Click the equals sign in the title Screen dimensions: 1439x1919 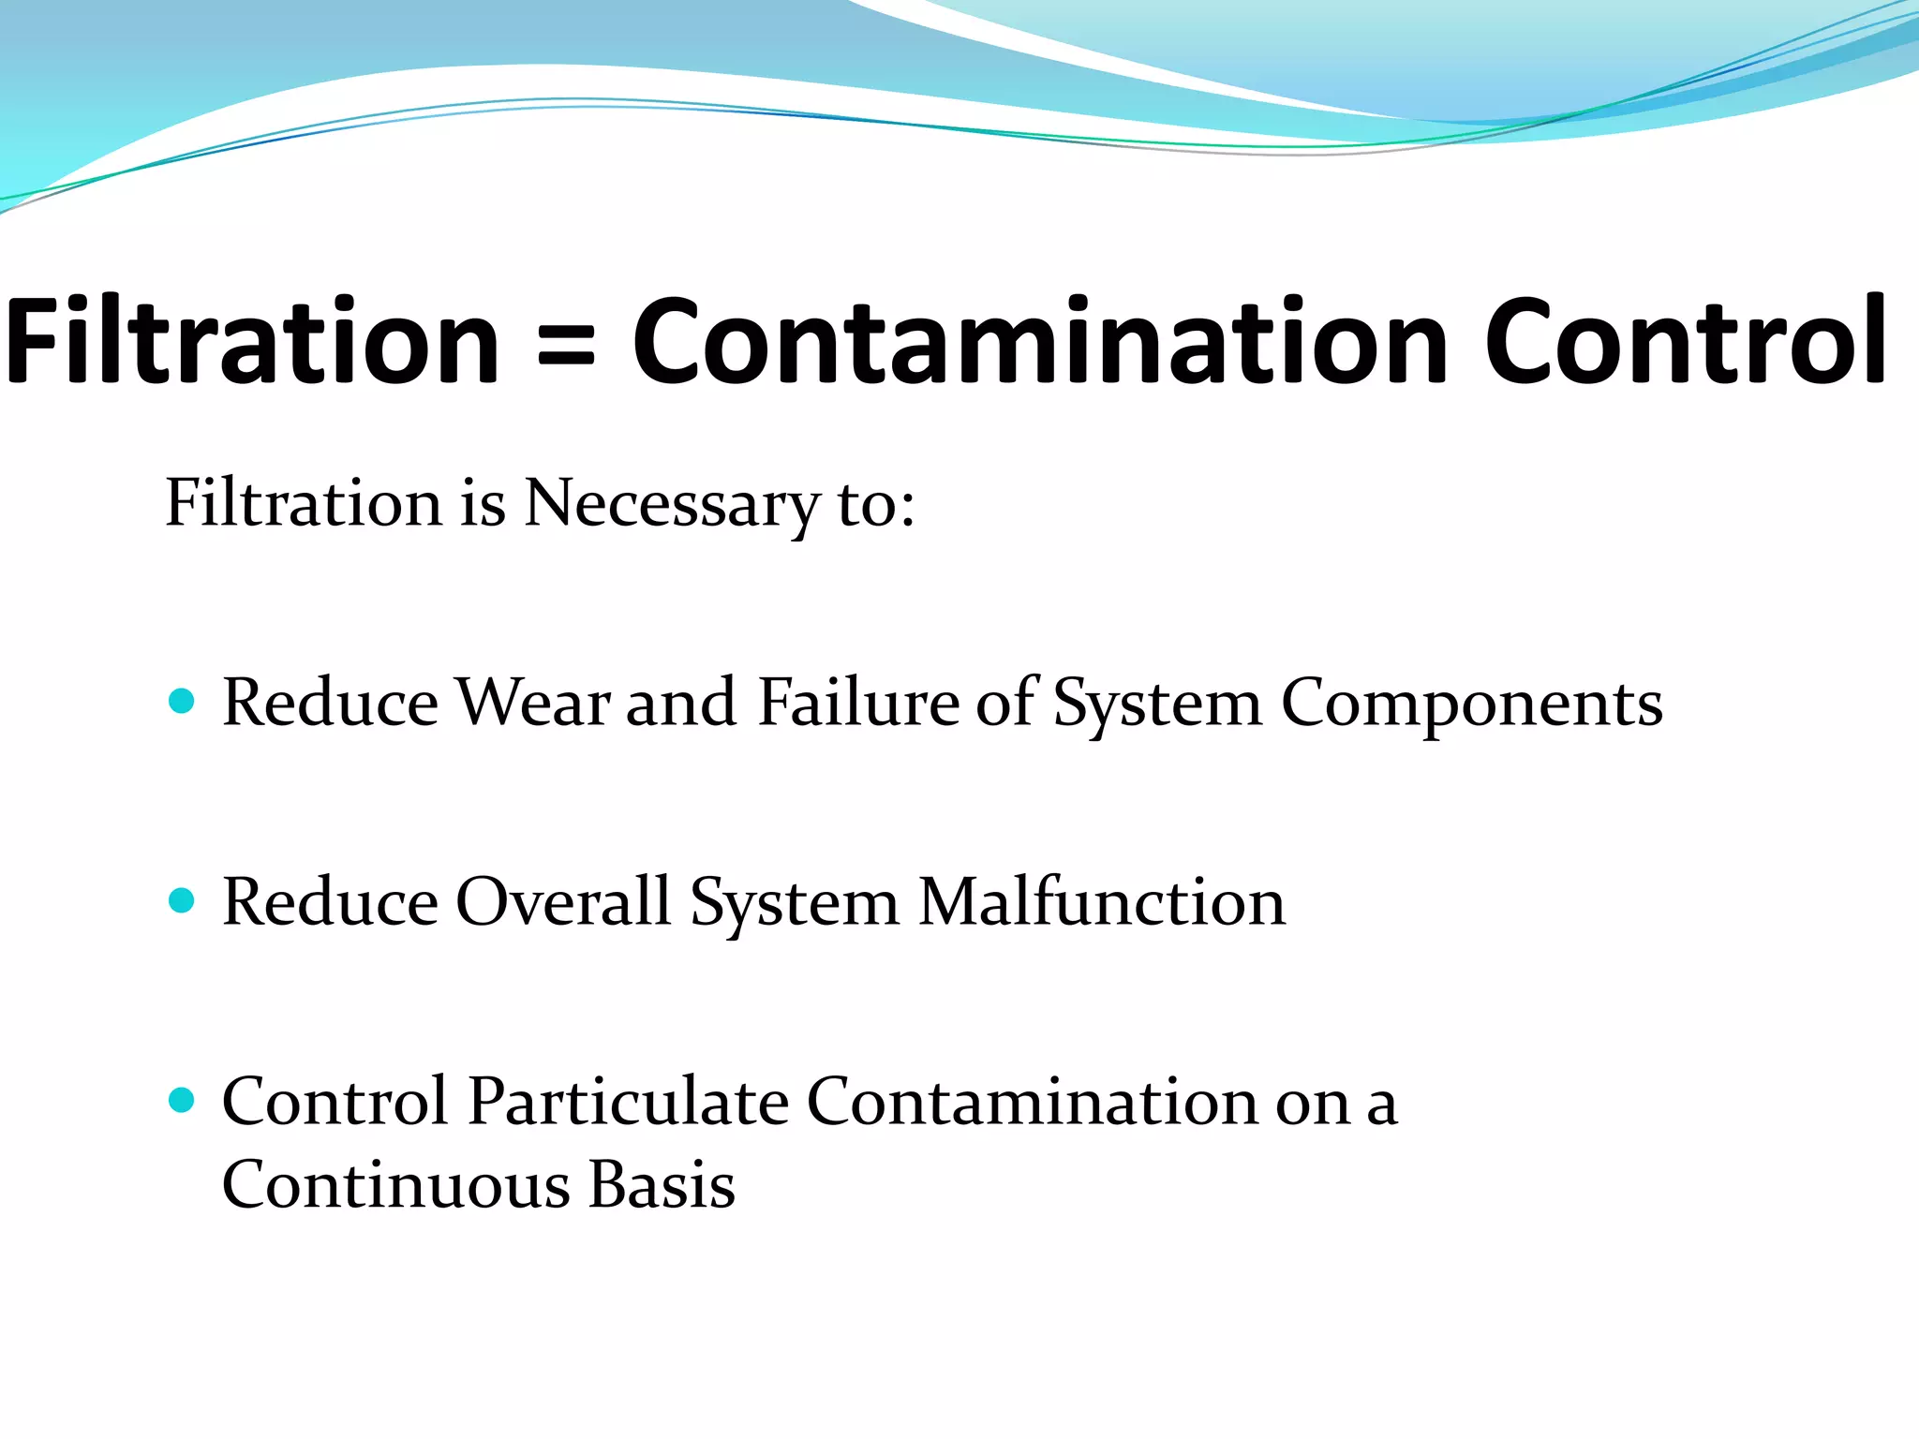pos(566,343)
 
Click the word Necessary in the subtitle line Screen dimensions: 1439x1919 pos(671,504)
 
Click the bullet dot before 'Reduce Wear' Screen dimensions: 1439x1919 pos(182,701)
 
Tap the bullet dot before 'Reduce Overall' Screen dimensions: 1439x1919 pos(182,900)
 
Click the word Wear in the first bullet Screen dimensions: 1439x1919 pos(532,703)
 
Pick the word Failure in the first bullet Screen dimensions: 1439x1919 pos(857,703)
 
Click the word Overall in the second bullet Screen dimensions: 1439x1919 pos(563,902)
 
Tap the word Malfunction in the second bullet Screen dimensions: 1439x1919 pos(1102,902)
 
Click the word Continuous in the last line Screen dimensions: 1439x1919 pos(396,1185)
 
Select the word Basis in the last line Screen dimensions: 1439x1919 pos(662,1185)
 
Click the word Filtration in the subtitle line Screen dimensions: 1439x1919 pos(303,504)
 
